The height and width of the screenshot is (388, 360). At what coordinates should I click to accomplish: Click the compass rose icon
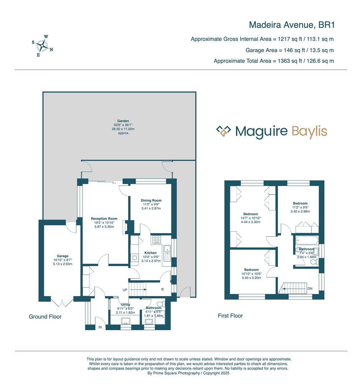pos(43,46)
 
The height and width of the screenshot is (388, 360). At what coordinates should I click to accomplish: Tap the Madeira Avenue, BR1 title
pos(291,25)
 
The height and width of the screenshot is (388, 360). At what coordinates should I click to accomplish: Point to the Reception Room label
pos(104,218)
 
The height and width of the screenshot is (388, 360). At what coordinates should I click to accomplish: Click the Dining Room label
pos(151,200)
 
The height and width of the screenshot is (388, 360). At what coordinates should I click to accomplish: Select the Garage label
pos(62,256)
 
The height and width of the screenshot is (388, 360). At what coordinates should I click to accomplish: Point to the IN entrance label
pos(100,327)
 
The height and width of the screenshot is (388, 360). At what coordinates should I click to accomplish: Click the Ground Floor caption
pos(45,317)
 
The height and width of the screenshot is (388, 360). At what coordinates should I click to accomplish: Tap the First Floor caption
pos(230,316)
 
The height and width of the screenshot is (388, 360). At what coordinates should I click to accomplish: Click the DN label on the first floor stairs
pos(310,288)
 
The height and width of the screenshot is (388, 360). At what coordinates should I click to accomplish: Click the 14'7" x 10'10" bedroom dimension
pos(251,218)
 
